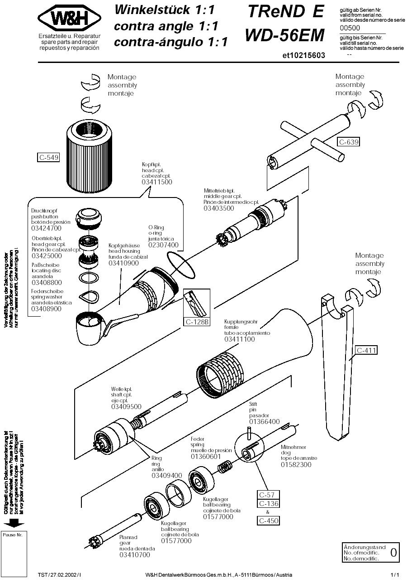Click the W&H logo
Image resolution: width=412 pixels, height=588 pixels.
69,18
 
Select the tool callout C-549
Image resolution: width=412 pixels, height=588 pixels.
48,158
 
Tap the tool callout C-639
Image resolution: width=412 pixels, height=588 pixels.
349,142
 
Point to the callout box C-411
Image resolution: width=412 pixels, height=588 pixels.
366,350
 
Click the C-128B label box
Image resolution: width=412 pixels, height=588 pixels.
197,322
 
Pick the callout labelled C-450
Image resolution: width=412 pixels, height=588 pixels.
269,521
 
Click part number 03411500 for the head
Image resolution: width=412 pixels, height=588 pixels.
157,182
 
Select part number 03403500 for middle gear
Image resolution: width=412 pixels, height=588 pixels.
219,208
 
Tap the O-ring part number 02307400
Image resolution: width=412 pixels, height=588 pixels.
163,245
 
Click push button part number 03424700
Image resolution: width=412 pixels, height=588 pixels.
46,228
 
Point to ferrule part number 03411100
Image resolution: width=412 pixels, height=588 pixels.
240,339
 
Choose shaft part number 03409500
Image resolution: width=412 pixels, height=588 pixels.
126,407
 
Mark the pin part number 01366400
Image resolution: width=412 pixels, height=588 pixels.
265,422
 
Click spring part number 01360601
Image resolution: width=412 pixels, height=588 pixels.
206,457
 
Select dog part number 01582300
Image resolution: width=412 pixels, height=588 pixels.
296,464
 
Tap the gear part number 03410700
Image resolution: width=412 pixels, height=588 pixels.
134,555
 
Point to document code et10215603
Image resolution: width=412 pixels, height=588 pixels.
303,55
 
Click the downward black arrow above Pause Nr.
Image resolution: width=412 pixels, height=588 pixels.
14,523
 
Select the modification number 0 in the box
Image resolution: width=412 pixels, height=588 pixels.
393,552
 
